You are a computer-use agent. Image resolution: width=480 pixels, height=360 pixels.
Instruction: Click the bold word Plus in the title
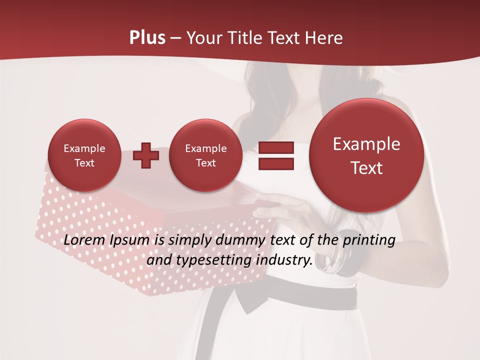pos(147,38)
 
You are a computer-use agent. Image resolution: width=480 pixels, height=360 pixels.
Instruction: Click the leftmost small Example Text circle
pos(84,155)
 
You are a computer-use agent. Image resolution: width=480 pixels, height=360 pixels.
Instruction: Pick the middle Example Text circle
pos(205,155)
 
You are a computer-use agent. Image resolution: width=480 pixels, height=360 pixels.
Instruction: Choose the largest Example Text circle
pos(366,155)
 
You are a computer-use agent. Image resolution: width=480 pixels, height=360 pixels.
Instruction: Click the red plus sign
pos(146,155)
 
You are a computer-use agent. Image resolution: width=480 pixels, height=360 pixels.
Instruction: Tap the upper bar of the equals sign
pos(275,148)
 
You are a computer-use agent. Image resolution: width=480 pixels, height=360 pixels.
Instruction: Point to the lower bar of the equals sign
pos(275,164)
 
